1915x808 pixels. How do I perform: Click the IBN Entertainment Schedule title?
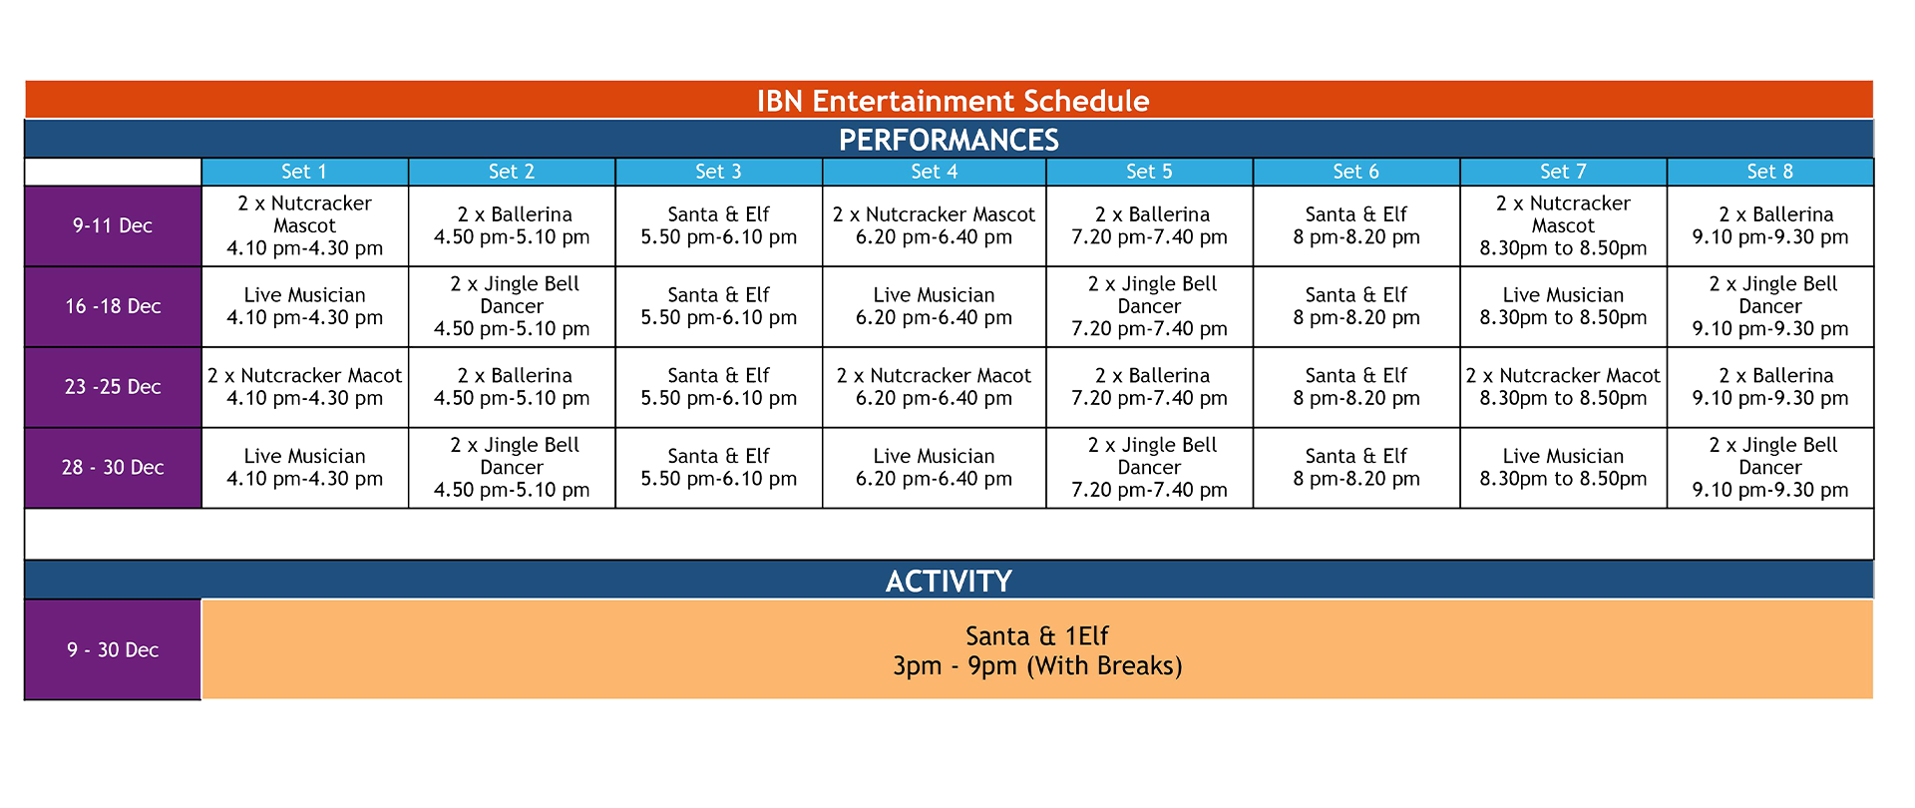953,101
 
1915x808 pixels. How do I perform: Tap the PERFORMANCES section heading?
949,140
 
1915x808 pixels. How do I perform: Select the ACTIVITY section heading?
949,581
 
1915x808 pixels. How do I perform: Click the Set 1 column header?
304,172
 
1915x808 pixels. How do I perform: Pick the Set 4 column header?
934,172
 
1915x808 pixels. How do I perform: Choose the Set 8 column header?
1769,172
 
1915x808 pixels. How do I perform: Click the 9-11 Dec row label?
113,225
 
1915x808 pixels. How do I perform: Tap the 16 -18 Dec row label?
113,306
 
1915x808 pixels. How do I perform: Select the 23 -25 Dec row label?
113,387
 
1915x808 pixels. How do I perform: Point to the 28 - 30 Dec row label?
113,468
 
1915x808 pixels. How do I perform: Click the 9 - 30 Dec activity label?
113,649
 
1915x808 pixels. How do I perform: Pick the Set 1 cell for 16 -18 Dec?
304,306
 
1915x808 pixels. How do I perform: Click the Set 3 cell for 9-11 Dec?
718,225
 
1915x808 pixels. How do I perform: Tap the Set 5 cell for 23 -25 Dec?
1149,387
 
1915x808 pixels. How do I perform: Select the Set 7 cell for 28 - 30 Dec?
1563,468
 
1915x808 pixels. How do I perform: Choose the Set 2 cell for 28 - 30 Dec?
512,468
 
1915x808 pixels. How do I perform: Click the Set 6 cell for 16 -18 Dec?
1355,306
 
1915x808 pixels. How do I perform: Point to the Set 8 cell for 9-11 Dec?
1769,225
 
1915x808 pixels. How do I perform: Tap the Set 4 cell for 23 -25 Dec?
934,387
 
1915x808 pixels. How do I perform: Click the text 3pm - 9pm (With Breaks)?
1037,666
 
